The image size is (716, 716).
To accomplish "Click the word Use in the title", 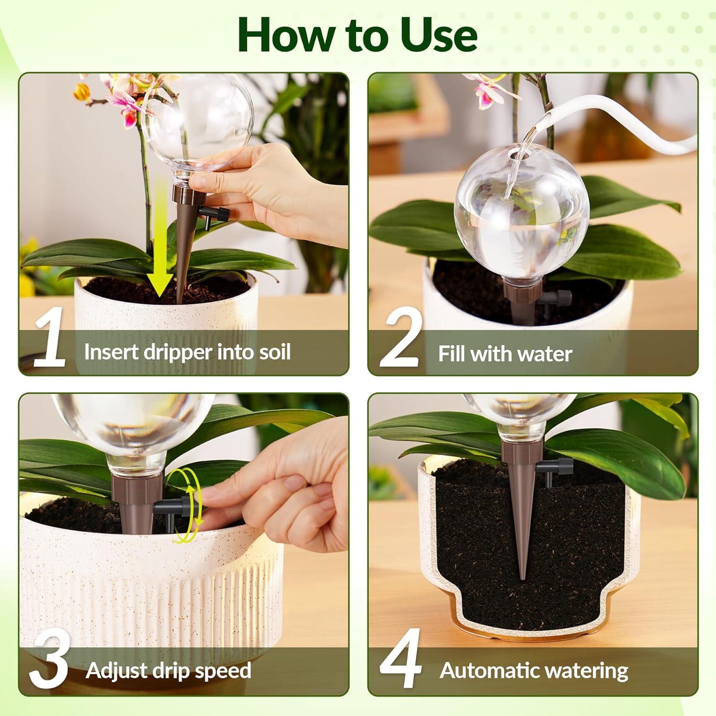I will pyautogui.click(x=438, y=35).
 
